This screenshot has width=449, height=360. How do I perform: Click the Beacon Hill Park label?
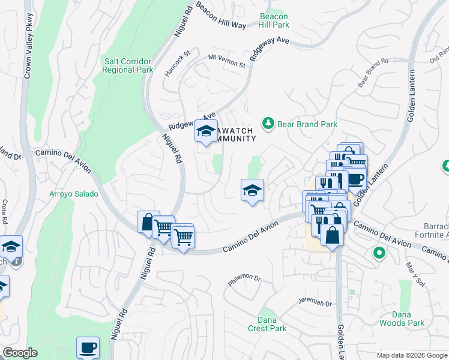(274, 20)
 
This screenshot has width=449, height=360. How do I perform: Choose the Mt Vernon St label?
(227, 61)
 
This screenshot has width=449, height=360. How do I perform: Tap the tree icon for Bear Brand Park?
(268, 124)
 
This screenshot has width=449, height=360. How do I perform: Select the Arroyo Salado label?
(69, 194)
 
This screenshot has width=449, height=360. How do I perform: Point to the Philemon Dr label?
(244, 279)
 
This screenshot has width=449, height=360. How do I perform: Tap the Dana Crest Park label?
(267, 324)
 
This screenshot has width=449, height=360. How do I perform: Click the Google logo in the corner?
(20, 353)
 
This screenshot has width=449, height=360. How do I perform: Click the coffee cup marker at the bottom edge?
(88, 347)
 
